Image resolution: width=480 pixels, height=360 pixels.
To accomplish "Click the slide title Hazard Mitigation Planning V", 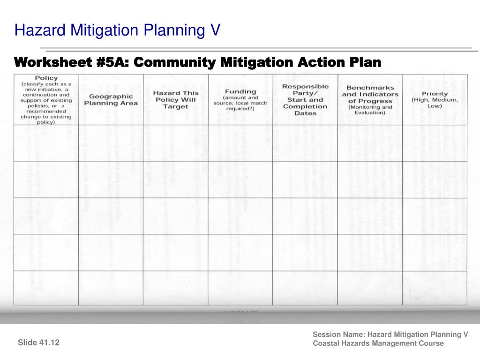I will (117, 30).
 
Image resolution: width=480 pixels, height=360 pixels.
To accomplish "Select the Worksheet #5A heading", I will (197, 62).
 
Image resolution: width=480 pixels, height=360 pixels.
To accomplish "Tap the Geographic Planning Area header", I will (111, 99).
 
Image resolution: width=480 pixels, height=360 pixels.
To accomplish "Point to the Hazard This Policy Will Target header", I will (176, 99).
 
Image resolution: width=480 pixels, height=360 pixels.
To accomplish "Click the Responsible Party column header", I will (305, 99).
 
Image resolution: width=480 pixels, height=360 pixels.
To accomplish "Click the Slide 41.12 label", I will (39, 343).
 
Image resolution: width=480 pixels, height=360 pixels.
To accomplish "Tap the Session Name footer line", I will (390, 334).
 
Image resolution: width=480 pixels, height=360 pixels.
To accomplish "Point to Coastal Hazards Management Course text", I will (378, 343).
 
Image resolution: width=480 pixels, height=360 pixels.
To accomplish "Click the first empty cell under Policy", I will (46, 143).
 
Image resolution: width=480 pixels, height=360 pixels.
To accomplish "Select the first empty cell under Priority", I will (435, 143).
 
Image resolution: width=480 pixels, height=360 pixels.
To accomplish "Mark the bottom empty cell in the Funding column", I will (240, 288).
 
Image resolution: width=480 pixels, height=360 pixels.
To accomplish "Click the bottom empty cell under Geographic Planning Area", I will (111, 288).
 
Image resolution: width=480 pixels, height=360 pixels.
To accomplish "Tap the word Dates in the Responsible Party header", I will (305, 113).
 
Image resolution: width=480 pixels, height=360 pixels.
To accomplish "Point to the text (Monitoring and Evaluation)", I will (370, 110).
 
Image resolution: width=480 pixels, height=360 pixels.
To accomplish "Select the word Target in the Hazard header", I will (176, 106).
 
